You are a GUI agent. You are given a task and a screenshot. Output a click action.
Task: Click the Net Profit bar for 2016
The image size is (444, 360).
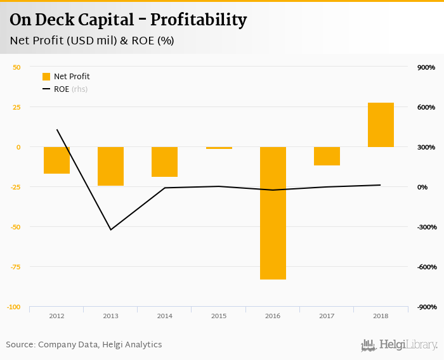pyautogui.click(x=273, y=213)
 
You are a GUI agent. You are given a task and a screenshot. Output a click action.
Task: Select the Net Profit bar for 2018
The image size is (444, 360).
pyautogui.click(x=381, y=125)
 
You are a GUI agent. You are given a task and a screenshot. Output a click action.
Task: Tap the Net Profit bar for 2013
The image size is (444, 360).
pyautogui.click(x=110, y=166)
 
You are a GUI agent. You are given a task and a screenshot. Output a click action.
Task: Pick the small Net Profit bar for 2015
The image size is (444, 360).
pyautogui.click(x=219, y=148)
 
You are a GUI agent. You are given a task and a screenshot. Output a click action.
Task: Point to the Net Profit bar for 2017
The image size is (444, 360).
pyautogui.click(x=327, y=156)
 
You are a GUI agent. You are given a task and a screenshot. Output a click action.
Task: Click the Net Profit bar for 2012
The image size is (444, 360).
pyautogui.click(x=56, y=160)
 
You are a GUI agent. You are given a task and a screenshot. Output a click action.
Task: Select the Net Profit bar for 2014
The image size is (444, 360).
pyautogui.click(x=164, y=162)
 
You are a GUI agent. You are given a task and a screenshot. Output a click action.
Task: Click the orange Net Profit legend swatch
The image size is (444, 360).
pyautogui.click(x=46, y=77)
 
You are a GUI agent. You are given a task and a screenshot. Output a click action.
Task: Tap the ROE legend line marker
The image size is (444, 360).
pyautogui.click(x=46, y=89)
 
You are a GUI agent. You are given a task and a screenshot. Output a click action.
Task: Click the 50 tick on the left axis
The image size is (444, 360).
pyautogui.click(x=16, y=67)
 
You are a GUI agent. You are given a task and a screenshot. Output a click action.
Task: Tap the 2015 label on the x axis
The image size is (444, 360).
pyautogui.click(x=219, y=315)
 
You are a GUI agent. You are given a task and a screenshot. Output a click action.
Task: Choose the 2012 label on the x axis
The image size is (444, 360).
pyautogui.click(x=56, y=315)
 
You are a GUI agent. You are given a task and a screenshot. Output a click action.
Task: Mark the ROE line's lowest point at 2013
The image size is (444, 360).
pyautogui.click(x=110, y=229)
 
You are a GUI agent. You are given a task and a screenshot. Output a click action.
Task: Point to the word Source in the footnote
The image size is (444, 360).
pyautogui.click(x=20, y=345)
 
